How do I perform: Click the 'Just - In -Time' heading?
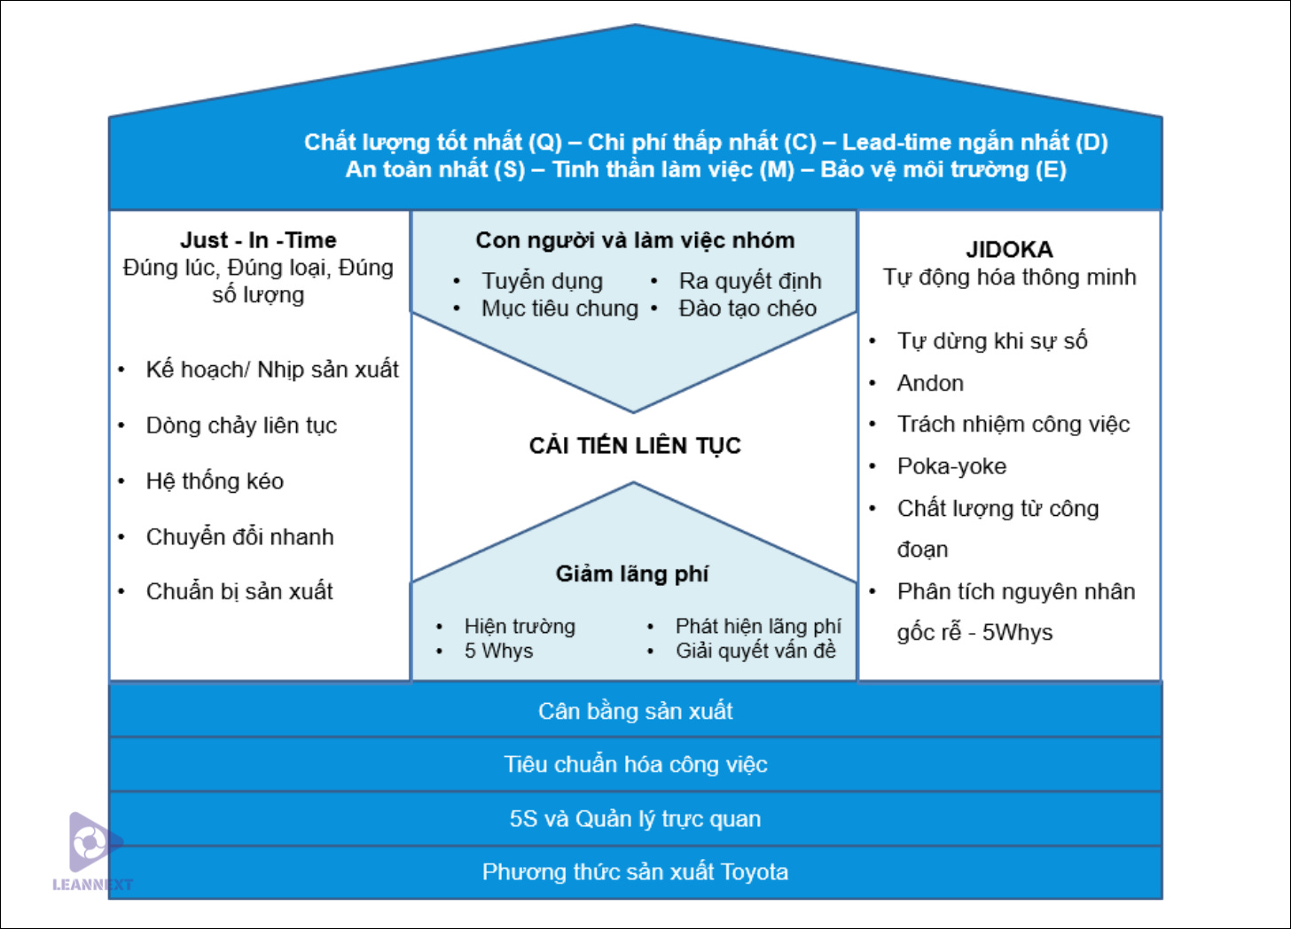click(x=258, y=240)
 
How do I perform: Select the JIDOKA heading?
click(x=1009, y=249)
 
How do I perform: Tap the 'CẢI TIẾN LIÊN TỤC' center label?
click(x=635, y=445)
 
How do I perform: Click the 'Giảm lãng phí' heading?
click(x=632, y=574)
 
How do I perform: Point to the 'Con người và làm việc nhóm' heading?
click(x=635, y=240)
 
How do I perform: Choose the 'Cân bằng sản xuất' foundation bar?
click(x=635, y=710)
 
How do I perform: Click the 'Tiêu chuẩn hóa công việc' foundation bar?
click(x=635, y=764)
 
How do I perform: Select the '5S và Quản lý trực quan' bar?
click(x=635, y=818)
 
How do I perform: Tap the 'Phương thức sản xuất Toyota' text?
click(x=635, y=872)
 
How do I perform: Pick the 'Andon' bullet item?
click(x=930, y=383)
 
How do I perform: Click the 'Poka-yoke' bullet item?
click(x=951, y=466)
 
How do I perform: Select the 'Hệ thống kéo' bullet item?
click(x=215, y=481)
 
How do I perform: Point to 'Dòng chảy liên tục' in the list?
click(x=241, y=425)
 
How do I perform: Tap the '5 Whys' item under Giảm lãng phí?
click(x=498, y=651)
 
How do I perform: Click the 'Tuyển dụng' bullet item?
click(x=542, y=281)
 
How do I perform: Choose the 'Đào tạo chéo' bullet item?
click(x=747, y=308)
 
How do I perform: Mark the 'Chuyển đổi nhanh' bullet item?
click(x=239, y=537)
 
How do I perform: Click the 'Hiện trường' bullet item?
click(x=520, y=627)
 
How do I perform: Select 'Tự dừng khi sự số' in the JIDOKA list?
click(x=992, y=341)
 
